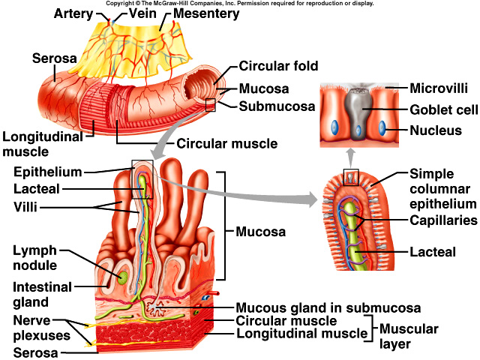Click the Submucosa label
(277, 106)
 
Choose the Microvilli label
(439, 88)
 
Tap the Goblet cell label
(443, 110)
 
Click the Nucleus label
(435, 131)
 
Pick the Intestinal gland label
(42, 295)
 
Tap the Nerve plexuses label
(37, 327)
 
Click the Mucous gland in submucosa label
(328, 307)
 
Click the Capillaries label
(443, 220)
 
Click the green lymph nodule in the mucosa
(121, 277)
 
